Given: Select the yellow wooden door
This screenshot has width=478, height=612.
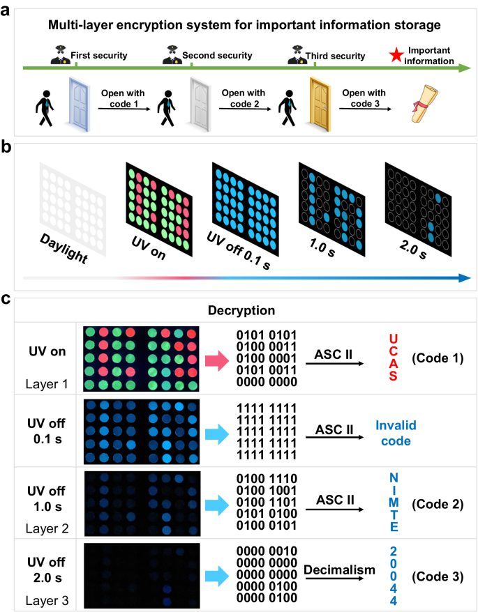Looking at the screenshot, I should (322, 103).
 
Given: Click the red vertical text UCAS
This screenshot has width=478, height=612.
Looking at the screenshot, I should (392, 358).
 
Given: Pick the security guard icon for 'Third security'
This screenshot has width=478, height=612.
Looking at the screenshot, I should (293, 55).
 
